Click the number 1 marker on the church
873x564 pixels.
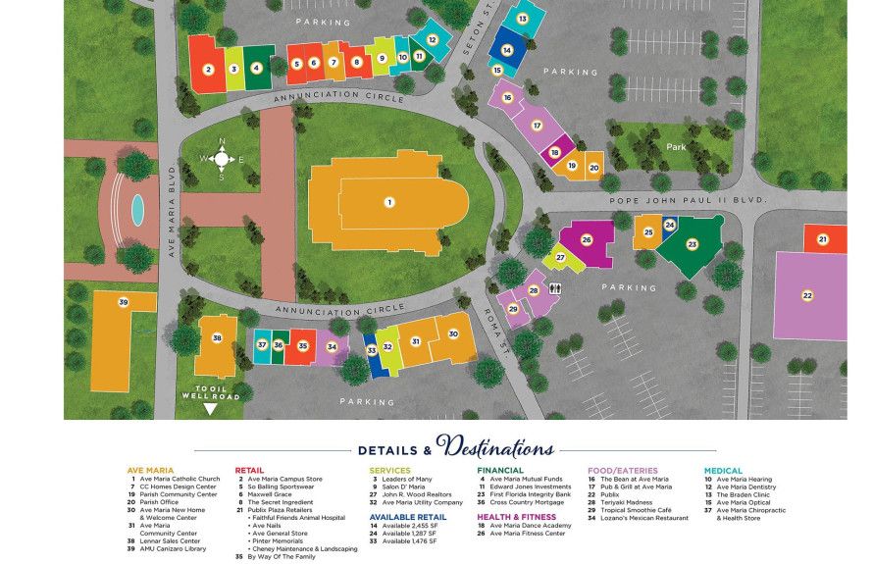pyautogui.click(x=389, y=202)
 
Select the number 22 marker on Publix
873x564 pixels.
pyautogui.click(x=807, y=295)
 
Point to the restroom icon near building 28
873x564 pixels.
pyautogui.click(x=556, y=288)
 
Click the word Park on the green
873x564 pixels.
pyautogui.click(x=676, y=147)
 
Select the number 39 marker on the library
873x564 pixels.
pyautogui.click(x=123, y=302)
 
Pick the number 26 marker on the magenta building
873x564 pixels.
pyautogui.click(x=587, y=238)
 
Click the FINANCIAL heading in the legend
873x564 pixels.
pyautogui.click(x=501, y=470)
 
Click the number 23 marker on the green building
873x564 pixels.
pyautogui.click(x=692, y=243)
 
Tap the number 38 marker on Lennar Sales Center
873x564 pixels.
pyautogui.click(x=217, y=338)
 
